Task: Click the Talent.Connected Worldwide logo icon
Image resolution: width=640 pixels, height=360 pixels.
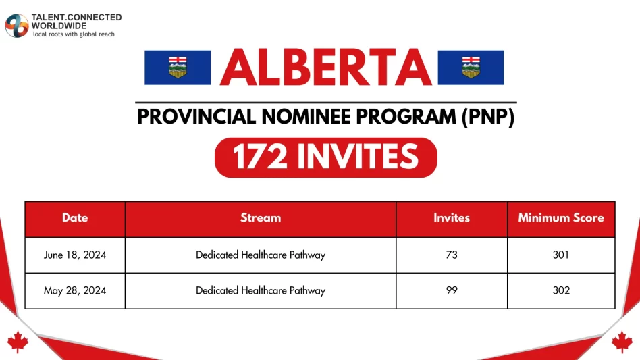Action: tap(16, 26)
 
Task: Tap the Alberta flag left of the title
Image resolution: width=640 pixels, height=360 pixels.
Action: tap(178, 68)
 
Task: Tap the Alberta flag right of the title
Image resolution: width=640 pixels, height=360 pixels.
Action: tap(471, 68)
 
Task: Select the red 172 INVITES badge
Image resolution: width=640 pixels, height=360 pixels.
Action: tap(325, 157)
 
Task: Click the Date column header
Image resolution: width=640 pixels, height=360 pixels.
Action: tap(75, 218)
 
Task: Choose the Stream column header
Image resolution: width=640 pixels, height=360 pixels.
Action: tap(261, 218)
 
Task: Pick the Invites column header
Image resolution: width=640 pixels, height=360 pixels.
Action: tap(452, 218)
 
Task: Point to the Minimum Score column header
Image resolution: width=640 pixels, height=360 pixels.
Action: tap(561, 218)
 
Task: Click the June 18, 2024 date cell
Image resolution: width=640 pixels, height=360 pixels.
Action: tap(75, 255)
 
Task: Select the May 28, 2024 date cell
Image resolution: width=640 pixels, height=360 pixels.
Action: tap(75, 291)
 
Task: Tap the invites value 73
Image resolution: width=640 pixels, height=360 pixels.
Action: tap(452, 255)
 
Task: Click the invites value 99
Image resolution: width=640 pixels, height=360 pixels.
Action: tap(452, 291)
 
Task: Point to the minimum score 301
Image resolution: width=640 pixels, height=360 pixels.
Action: tap(561, 255)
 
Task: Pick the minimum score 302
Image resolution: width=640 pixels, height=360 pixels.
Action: tap(561, 291)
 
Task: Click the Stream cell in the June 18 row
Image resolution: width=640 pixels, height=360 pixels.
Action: tap(261, 255)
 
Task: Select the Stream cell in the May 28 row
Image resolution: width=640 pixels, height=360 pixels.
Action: tap(261, 291)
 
